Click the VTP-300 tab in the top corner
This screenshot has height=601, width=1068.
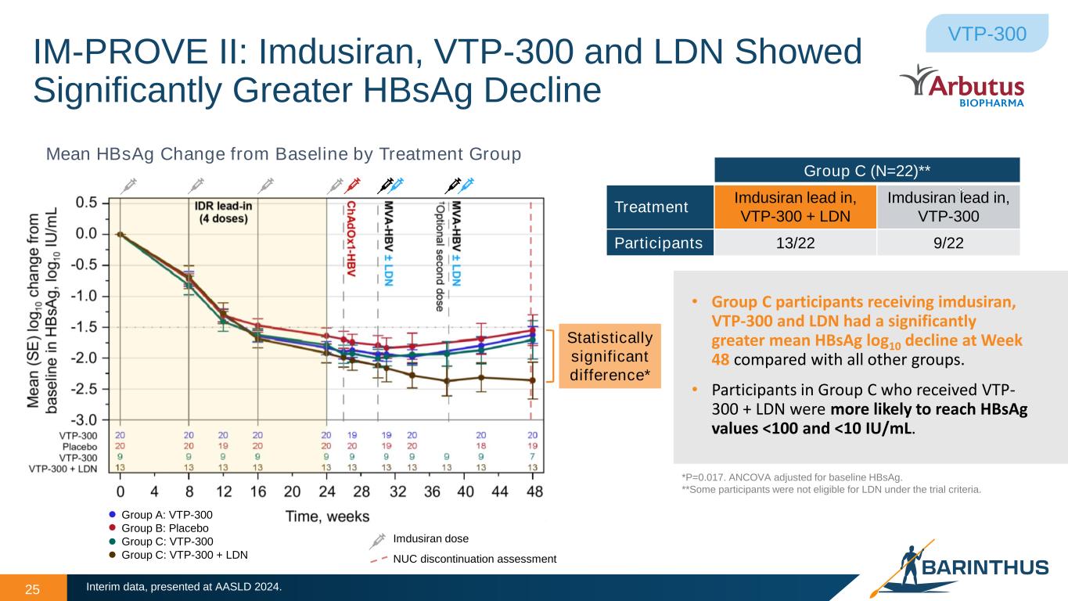coord(987,34)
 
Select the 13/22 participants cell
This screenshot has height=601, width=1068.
coord(795,243)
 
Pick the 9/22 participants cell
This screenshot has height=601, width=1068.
coord(948,243)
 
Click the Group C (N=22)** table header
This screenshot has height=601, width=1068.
coord(867,171)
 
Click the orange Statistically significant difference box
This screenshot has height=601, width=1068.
coord(610,356)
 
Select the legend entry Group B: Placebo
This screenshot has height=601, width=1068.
coord(167,528)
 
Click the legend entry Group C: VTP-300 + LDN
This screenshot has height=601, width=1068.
coord(185,555)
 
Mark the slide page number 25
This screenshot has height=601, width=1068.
coord(33,588)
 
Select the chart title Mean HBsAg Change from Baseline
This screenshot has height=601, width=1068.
coord(283,154)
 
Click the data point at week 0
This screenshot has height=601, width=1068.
coord(120,233)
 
